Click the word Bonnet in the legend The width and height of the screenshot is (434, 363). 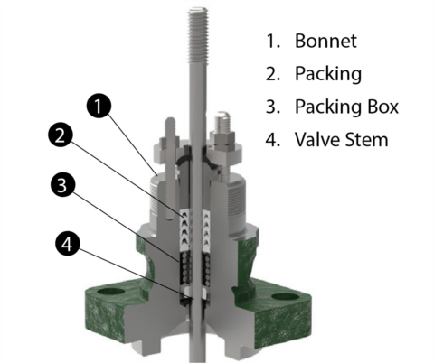click(324, 42)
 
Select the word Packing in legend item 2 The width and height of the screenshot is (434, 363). click(325, 74)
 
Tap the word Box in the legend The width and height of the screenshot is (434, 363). click(381, 107)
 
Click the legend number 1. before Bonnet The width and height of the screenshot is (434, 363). click(271, 42)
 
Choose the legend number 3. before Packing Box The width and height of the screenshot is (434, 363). click(271, 107)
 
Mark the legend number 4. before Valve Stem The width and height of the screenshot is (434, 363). click(271, 139)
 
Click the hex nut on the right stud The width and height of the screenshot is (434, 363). click(223, 142)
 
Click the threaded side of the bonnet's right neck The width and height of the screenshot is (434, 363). click(238, 193)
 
